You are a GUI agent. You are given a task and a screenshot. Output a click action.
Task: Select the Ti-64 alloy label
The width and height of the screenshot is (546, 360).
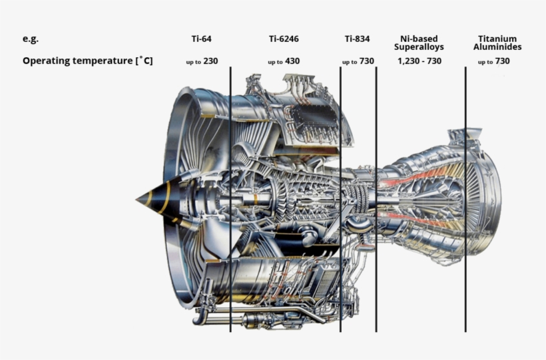click(201, 39)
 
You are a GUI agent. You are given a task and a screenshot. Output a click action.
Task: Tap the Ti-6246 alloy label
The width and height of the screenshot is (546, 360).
click(284, 39)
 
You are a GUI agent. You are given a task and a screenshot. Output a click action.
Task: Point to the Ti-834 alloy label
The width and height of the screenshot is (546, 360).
click(358, 39)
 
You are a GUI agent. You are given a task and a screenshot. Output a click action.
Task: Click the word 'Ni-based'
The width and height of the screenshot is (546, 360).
click(419, 39)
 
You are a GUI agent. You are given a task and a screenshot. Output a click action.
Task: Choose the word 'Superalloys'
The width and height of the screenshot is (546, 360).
click(419, 47)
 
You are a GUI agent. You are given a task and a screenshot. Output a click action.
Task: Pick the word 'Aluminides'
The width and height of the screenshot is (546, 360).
click(497, 47)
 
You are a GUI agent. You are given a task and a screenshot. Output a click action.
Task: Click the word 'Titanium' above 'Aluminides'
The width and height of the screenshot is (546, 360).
click(497, 39)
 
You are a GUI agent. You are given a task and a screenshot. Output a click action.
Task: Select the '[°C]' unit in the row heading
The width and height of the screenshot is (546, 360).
click(144, 61)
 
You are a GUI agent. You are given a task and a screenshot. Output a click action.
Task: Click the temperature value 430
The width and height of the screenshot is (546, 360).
click(292, 61)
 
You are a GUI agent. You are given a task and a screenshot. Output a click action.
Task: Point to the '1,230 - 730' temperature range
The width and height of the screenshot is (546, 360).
click(419, 61)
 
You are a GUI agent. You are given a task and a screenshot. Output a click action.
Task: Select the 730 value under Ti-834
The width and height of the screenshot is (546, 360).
click(366, 61)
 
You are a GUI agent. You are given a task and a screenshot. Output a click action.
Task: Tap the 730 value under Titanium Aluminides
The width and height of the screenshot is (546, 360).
click(502, 61)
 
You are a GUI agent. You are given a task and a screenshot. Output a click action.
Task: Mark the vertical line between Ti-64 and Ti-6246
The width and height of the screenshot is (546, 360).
click(230, 200)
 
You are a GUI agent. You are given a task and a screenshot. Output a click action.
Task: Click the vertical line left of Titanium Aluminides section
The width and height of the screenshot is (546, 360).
click(465, 200)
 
